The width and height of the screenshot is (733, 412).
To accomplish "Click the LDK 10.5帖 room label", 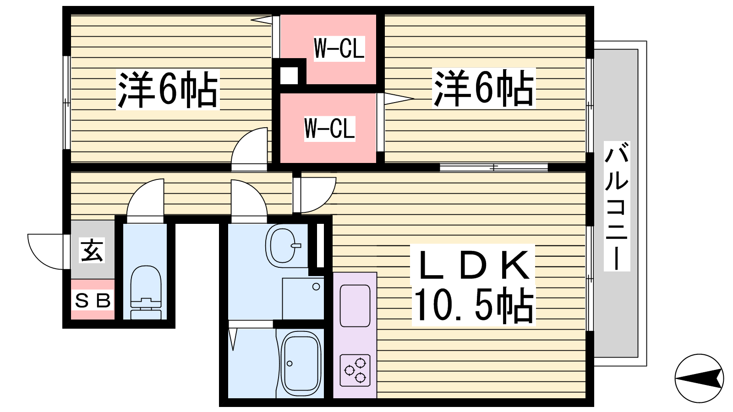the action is tap(474, 285).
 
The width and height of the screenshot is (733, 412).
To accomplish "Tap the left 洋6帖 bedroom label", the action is tap(168, 90).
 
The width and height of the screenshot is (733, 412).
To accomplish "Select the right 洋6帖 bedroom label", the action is tap(484, 88).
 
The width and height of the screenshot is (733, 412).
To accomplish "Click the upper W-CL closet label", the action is tap(339, 49).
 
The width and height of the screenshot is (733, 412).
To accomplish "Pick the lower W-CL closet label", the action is tap(329, 129).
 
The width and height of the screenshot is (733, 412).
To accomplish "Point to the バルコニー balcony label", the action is tap(617, 206).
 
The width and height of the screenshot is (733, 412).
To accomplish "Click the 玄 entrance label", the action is tap(92, 250).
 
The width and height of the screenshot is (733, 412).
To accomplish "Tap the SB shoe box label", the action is tap(93, 300).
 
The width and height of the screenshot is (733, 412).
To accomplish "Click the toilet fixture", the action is tap(146, 292).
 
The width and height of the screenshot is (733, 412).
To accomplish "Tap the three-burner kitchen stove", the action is tap(355, 370).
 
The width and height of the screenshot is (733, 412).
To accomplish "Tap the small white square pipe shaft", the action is tap(289, 76).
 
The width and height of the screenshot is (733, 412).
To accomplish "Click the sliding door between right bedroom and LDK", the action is tap(494, 168).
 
